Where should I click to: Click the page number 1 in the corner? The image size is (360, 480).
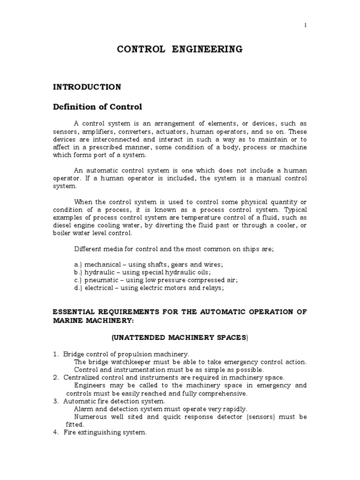[306, 26]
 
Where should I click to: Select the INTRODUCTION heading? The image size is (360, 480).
[87, 87]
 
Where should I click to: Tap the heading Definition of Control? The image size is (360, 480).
[97, 107]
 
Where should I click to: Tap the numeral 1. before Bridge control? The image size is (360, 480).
[55, 354]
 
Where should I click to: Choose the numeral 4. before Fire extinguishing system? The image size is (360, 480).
[55, 433]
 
